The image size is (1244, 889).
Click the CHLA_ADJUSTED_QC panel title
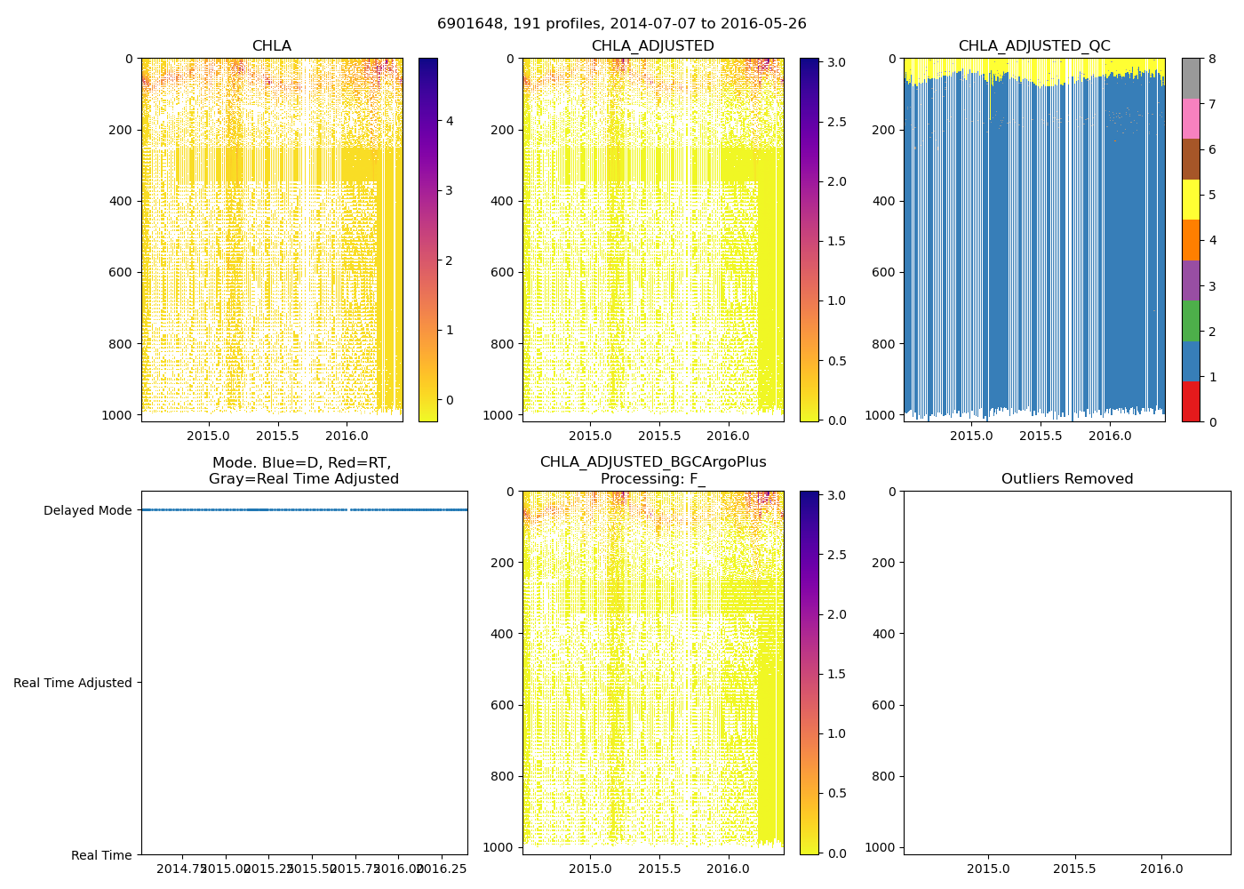point(1033,46)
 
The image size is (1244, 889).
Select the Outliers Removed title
point(1066,479)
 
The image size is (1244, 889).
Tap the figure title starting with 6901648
point(621,24)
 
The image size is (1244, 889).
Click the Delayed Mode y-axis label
point(87,510)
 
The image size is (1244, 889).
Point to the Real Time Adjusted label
point(73,683)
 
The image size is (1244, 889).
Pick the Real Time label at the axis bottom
point(101,855)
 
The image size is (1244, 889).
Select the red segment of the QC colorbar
point(1191,402)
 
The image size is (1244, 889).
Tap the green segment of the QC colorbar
point(1191,321)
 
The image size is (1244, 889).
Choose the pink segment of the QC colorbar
point(1191,118)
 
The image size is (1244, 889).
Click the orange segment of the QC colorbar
point(1191,240)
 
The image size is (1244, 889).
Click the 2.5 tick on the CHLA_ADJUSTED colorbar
point(836,122)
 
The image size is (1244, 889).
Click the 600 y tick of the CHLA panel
point(122,273)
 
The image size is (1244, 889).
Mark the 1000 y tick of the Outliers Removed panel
point(880,847)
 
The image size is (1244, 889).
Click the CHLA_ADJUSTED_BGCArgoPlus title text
point(653,462)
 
